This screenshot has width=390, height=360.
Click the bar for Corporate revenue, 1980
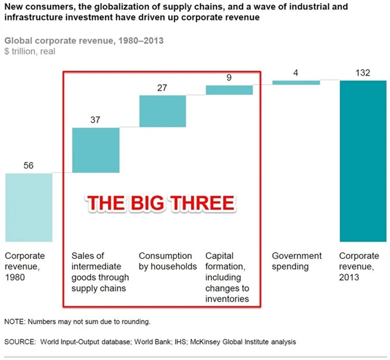click(x=29, y=207)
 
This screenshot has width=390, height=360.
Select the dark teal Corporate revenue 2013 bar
click(x=363, y=161)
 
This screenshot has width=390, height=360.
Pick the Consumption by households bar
click(x=162, y=111)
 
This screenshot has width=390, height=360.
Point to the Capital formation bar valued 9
click(x=229, y=90)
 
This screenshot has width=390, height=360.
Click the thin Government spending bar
click(x=296, y=82)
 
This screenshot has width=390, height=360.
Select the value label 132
click(x=363, y=73)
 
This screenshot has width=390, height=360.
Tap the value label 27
click(x=162, y=88)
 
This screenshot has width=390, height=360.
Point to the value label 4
click(x=296, y=73)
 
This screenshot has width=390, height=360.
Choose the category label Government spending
click(x=297, y=261)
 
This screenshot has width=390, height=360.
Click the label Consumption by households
click(x=165, y=261)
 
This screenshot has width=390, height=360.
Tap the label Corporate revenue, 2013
click(x=359, y=266)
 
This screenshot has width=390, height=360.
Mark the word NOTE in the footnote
click(x=13, y=321)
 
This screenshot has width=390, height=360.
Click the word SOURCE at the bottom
click(x=19, y=342)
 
